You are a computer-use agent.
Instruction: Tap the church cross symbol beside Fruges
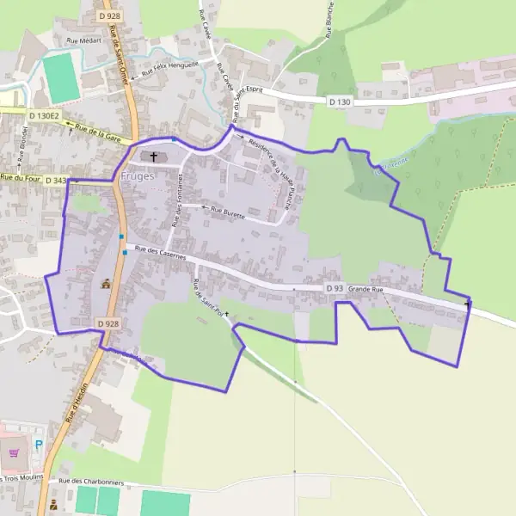155,157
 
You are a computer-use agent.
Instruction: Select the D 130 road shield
340,101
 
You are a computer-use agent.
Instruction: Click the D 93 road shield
335,288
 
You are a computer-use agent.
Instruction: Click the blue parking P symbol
40,445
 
